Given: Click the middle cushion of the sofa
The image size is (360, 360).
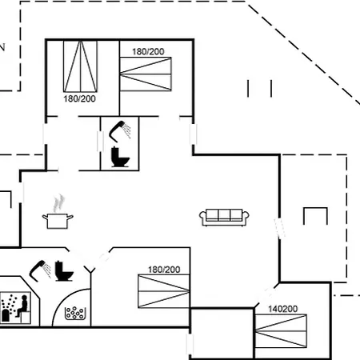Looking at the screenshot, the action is pos(224,214).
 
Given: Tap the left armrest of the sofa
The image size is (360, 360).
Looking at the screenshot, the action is pos(203,217).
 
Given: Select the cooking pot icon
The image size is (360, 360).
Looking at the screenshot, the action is pos(58,221).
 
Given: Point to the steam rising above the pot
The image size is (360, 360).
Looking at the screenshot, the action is pos(59,203).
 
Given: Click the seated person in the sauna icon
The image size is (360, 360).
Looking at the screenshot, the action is pos(22,306).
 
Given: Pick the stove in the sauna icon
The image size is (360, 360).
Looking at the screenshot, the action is pos(6,315).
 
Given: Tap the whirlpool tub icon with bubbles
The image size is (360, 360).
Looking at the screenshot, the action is pos(75,314).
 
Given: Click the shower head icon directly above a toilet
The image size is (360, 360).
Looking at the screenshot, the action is pos(120,131).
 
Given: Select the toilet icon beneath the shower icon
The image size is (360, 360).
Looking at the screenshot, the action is pos(120,157).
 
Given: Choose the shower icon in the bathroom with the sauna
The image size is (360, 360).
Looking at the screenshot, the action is pos(40,270).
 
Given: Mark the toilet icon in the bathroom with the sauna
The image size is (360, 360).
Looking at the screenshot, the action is pos(64,270).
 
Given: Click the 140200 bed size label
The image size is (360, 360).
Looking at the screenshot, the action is pos(282,309).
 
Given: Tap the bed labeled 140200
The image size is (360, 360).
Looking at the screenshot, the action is pos(281,331).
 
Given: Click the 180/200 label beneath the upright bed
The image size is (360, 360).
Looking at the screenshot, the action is pos(79,99).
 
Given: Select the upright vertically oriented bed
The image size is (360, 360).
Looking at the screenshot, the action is pos(80,66).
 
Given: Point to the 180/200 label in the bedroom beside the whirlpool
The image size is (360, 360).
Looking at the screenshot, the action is pos(164,270).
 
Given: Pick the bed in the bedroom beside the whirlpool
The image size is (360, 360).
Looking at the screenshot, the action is pos(164,291).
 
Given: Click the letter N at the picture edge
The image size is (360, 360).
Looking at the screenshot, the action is pos(2,47).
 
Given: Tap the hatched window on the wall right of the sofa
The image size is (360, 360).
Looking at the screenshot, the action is pos(279,228).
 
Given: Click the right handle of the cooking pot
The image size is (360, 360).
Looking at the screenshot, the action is pos(70,217).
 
